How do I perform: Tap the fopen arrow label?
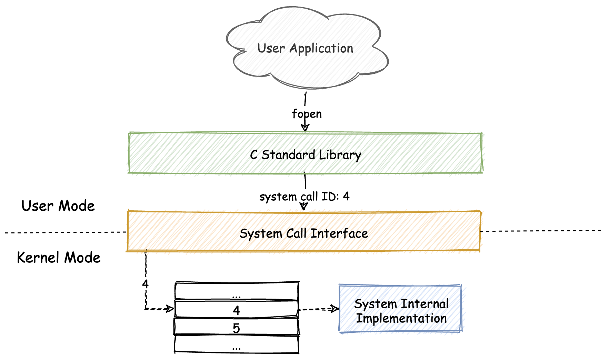click(x=307, y=114)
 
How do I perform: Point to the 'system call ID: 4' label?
click(x=304, y=197)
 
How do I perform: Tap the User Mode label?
click(x=58, y=206)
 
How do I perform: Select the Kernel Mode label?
click(x=59, y=258)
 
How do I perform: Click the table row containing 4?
click(x=236, y=309)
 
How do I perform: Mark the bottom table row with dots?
click(x=236, y=344)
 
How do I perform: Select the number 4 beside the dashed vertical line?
click(x=145, y=284)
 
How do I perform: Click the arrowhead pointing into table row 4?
click(x=170, y=308)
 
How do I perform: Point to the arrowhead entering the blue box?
click(x=335, y=309)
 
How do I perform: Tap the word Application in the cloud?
click(x=321, y=49)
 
